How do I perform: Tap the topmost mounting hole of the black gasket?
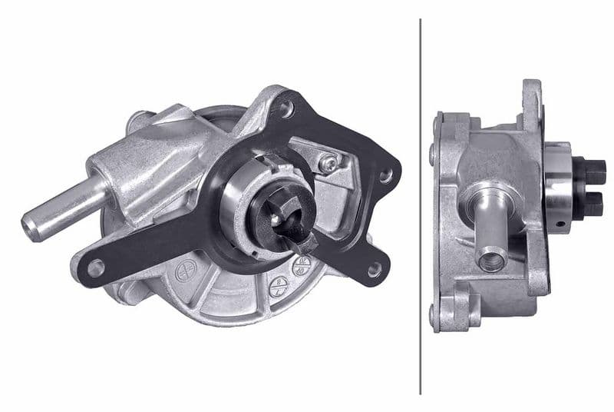pos(286,109)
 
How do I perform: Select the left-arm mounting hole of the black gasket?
pos(95,267)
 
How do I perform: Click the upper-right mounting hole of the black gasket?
pos(385,175)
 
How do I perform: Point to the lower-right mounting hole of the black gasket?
pos(374,269)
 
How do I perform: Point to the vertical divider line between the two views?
pos(421,206)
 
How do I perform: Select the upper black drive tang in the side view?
pos(595,168)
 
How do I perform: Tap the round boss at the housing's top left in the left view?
pos(138,120)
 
